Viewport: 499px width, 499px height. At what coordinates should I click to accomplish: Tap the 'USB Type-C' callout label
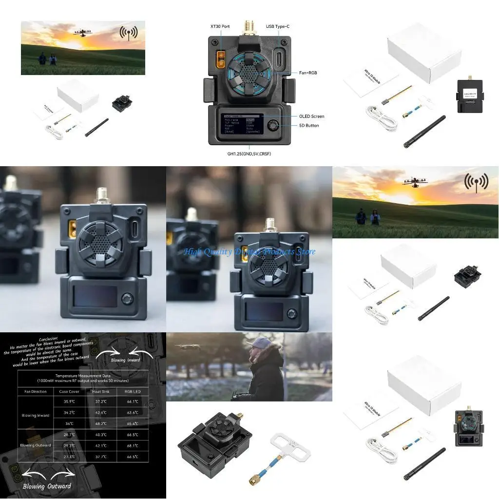pos(277,26)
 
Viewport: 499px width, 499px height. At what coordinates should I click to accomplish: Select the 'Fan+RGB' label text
pos(306,73)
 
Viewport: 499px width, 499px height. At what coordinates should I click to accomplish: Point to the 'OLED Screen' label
pos(311,116)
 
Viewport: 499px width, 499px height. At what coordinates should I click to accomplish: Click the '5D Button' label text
pos(309,125)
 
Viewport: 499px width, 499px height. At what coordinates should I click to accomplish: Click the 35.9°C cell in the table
pos(69,402)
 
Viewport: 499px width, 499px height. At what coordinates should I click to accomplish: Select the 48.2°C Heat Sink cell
pos(99,423)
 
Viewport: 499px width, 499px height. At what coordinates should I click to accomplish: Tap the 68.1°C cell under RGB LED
pos(132,445)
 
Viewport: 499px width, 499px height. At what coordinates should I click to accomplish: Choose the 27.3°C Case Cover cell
pos(69,457)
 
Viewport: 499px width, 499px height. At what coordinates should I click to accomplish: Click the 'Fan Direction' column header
pos(36,391)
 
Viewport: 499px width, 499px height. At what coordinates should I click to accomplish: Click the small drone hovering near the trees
pos(184,347)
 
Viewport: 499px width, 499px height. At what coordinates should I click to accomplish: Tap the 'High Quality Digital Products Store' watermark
pos(249,252)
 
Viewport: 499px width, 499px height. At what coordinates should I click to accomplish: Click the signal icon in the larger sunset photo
pos(476,181)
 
